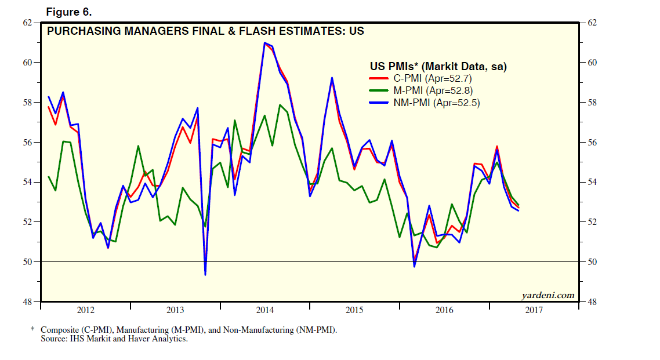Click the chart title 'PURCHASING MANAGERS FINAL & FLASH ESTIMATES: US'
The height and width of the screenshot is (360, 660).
tap(205, 31)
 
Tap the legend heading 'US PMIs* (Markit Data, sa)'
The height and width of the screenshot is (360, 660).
tap(438, 67)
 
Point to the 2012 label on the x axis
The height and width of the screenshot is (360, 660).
tap(85, 310)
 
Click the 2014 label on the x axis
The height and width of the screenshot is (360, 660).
tap(264, 310)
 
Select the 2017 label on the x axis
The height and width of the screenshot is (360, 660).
tap(534, 310)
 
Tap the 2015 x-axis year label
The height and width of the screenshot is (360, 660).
tap(354, 310)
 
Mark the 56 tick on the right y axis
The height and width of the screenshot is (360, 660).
tap(593, 143)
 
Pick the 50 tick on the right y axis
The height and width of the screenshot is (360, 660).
tap(593, 262)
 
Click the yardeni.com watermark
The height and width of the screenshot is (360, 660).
tap(548, 295)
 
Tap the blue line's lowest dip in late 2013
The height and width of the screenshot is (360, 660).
tap(205, 274)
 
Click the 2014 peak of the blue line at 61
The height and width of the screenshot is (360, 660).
tap(264, 43)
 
